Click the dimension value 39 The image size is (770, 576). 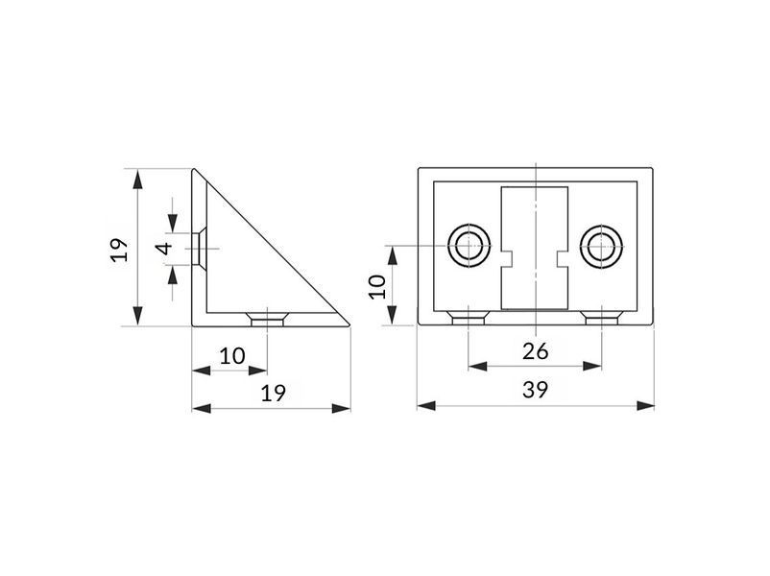coord(535,390)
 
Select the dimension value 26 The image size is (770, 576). coord(535,351)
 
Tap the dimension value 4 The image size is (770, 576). coord(166,249)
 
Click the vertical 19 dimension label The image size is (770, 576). coord(119,250)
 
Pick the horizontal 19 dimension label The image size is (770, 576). coord(273,394)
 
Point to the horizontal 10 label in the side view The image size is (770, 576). coord(231,356)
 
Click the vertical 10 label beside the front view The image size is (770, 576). coord(377,287)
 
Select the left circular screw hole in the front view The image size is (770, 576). coord(469,246)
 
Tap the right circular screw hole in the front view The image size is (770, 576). coord(601,246)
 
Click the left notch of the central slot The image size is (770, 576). coord(506,259)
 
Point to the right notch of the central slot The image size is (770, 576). coord(563,259)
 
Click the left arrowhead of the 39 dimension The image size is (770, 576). coord(426,406)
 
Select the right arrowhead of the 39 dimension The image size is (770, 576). coord(645,406)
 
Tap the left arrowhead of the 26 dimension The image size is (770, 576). coord(478,367)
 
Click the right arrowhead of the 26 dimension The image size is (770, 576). coord(592,367)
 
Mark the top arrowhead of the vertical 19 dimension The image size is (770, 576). coord(138,179)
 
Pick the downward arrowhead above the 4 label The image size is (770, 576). coord(173,223)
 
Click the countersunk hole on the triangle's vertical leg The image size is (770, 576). coord(199,249)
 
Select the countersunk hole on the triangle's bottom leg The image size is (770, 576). coord(267,318)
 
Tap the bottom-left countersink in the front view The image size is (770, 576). coord(469,318)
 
